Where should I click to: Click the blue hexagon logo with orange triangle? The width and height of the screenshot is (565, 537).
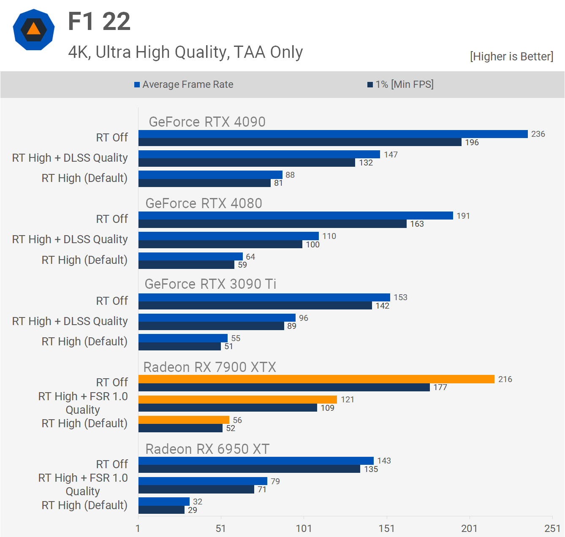34,30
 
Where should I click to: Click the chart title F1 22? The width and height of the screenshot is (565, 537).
99,22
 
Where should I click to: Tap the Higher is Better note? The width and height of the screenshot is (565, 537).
511,57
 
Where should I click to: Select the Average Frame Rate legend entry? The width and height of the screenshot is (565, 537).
184,84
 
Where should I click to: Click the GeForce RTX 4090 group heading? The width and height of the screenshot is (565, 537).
207,122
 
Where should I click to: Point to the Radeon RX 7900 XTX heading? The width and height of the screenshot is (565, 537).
209,367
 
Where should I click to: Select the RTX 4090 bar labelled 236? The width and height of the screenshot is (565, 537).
333,134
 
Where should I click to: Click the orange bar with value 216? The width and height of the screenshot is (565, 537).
316,379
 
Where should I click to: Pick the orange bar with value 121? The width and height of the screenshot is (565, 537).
237,399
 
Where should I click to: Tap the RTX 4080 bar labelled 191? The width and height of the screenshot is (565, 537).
296,216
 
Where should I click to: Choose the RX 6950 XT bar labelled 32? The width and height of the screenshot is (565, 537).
164,502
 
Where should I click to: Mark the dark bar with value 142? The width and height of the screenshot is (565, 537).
255,306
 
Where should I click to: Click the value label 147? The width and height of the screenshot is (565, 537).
391,155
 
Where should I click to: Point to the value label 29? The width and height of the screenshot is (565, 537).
193,510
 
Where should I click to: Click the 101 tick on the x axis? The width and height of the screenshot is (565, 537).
304,529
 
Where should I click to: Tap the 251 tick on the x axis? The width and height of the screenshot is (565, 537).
552,529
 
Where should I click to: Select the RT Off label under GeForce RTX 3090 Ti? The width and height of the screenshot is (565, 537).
112,301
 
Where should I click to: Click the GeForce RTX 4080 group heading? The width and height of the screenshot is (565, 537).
204,203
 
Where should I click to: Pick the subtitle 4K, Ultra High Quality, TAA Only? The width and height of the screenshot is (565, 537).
185,52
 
